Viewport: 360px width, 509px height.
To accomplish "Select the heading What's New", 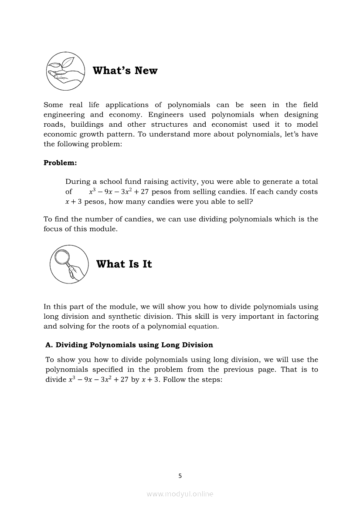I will click(x=125, y=71).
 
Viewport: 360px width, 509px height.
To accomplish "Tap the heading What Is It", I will click(x=124, y=264).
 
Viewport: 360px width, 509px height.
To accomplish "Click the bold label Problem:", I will click(x=60, y=162).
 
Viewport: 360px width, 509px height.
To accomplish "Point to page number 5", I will click(x=180, y=476).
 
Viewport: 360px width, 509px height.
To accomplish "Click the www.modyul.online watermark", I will click(x=180, y=494).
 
